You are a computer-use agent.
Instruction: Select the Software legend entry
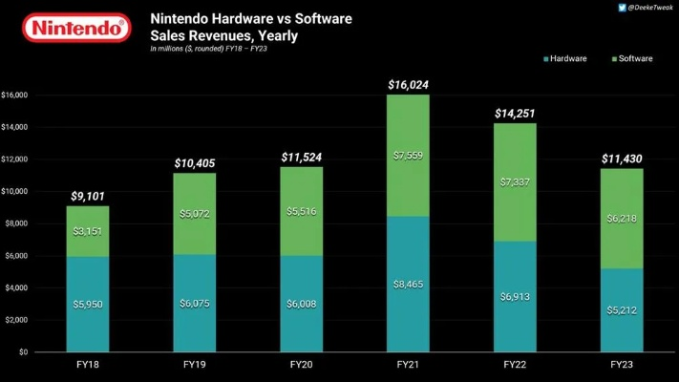coord(631,58)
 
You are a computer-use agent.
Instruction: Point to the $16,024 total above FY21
coord(408,85)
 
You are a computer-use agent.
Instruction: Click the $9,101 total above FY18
coord(89,197)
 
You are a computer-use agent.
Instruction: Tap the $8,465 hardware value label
coord(408,285)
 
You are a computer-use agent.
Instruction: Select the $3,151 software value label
coord(89,230)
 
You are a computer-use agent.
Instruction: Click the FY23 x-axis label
coord(622,365)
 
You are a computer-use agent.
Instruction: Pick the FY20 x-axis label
coord(302,365)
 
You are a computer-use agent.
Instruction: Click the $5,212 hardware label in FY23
coord(622,309)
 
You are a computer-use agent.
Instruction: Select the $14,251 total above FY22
coord(515,113)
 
